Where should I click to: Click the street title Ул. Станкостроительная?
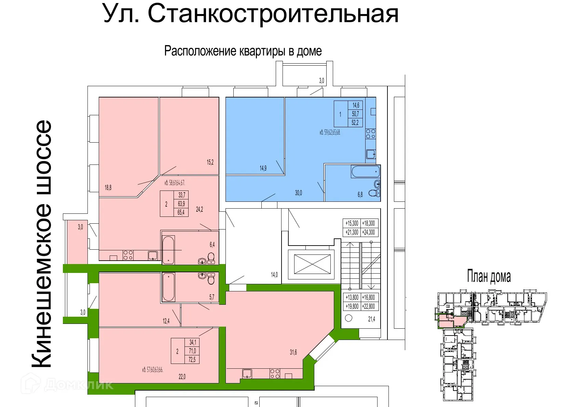tap(251, 14)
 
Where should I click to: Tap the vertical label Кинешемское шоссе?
tap(42, 244)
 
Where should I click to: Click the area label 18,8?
tap(108, 187)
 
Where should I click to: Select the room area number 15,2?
tap(210, 162)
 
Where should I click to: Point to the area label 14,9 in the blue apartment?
tap(263, 168)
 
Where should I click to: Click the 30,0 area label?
tap(298, 193)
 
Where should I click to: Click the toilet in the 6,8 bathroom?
tap(374, 193)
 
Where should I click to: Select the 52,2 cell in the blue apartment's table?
tap(355, 122)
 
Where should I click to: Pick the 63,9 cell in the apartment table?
tap(181, 204)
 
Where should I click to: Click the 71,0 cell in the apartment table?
tap(192, 351)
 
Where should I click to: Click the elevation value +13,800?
tap(352, 297)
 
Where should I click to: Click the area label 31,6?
tap(293, 353)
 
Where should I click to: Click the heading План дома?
tap(489, 276)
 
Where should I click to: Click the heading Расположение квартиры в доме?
tap(243, 51)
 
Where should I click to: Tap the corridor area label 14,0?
tap(274, 275)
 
